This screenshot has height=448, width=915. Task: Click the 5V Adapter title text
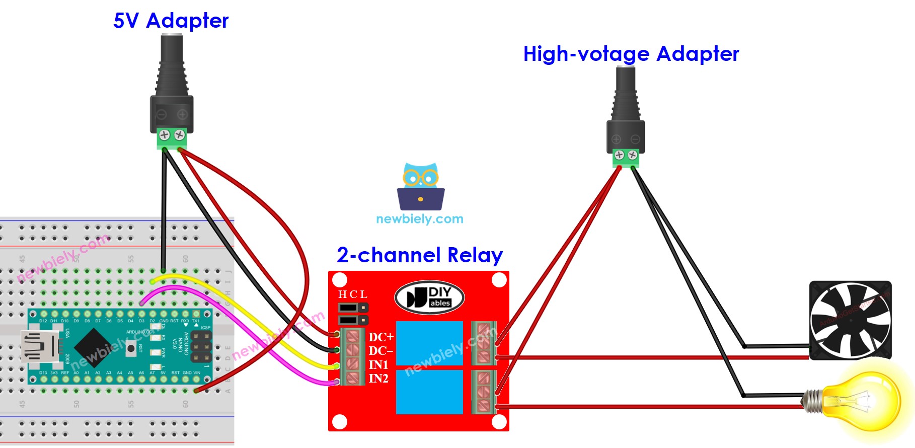tap(171, 21)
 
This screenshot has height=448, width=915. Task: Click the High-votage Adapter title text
tap(631, 54)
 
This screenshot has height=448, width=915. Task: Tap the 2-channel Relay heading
tap(419, 255)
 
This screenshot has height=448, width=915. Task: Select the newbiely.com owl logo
tap(421, 186)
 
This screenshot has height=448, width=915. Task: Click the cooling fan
tap(850, 321)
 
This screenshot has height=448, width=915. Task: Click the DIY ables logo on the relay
tap(429, 297)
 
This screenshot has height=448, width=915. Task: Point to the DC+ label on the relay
tap(381, 337)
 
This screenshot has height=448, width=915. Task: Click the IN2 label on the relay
tap(378, 379)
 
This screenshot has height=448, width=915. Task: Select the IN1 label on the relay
tap(378, 365)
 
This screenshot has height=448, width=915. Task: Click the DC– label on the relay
tap(381, 351)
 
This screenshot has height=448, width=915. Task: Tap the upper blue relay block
tap(429, 343)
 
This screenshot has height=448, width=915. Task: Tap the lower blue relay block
tap(429, 392)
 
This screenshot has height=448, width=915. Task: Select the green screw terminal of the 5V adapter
tap(172, 138)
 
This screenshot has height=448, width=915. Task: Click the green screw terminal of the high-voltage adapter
tap(626, 158)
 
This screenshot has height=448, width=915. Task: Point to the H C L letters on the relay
tap(352, 294)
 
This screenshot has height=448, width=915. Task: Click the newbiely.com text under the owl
tap(419, 219)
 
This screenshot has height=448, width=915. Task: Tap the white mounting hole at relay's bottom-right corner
tap(499, 422)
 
